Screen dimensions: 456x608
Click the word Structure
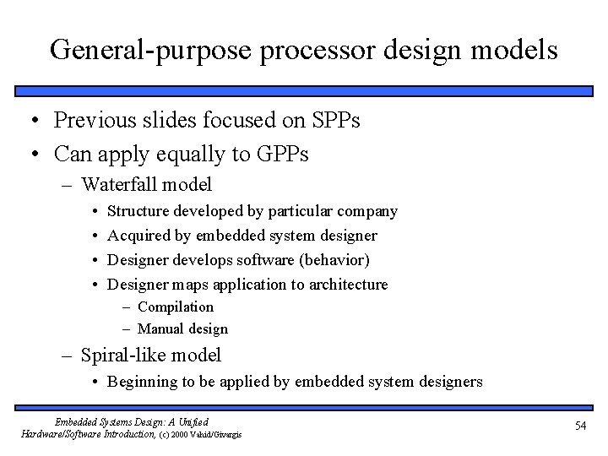pyautogui.click(x=140, y=210)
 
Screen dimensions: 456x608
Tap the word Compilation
pyautogui.click(x=176, y=307)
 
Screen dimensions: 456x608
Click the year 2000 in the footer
pyautogui.click(x=188, y=434)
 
